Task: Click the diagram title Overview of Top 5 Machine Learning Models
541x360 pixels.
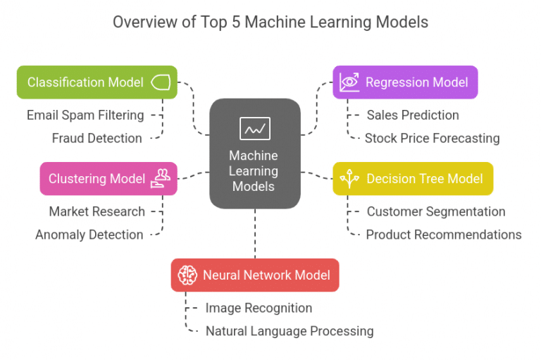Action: [x=270, y=23]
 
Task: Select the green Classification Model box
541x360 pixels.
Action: [x=97, y=82]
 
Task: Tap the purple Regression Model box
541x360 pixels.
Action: [x=406, y=82]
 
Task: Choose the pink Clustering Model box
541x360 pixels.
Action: [x=108, y=179]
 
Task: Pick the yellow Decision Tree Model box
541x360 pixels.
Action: [x=413, y=179]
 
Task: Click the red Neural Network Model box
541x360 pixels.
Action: [x=254, y=275]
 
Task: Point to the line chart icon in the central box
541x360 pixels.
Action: [x=254, y=128]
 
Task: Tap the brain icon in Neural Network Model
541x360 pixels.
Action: [x=187, y=275]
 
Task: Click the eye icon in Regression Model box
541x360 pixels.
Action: [x=349, y=82]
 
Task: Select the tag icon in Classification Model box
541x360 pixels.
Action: [x=161, y=82]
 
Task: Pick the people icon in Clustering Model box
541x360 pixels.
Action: [x=161, y=179]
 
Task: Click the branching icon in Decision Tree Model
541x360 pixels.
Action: [x=349, y=179]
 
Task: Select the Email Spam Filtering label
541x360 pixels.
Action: [x=85, y=115]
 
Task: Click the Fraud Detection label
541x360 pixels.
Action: [x=97, y=138]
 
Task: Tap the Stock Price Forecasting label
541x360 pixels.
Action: [x=432, y=138]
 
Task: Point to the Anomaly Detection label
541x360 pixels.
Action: [x=89, y=235]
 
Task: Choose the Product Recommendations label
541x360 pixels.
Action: [x=443, y=235]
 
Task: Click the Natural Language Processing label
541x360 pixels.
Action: [x=289, y=330]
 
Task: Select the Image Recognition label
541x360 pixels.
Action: [x=259, y=308]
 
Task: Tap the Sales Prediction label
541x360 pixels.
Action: [x=412, y=115]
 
